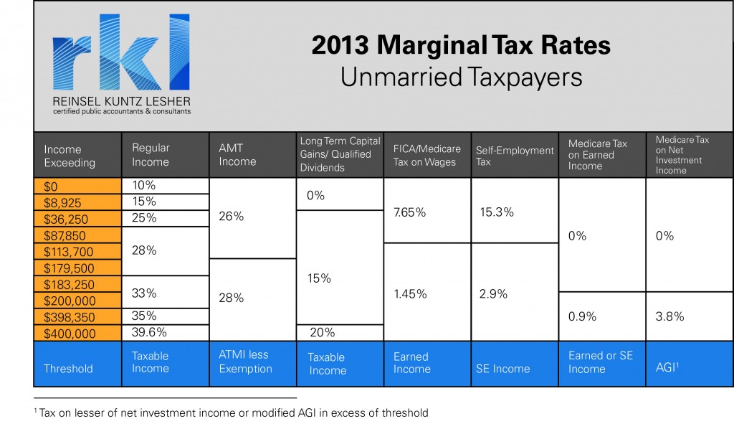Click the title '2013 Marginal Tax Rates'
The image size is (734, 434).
coord(461,46)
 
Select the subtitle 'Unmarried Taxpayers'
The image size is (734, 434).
coord(461,77)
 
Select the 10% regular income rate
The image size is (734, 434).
coord(143,185)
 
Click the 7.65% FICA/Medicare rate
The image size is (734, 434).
coord(409,212)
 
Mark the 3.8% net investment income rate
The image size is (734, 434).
coord(669,316)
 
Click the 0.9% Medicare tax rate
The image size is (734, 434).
coord(581,316)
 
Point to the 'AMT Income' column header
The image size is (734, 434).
coord(237,154)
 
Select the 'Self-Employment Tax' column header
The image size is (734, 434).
coord(515,156)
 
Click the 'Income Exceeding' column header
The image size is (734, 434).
coord(70,156)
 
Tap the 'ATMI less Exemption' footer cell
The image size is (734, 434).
coord(245,362)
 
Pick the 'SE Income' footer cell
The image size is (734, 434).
coord(502,369)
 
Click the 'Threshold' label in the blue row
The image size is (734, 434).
coord(68,369)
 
